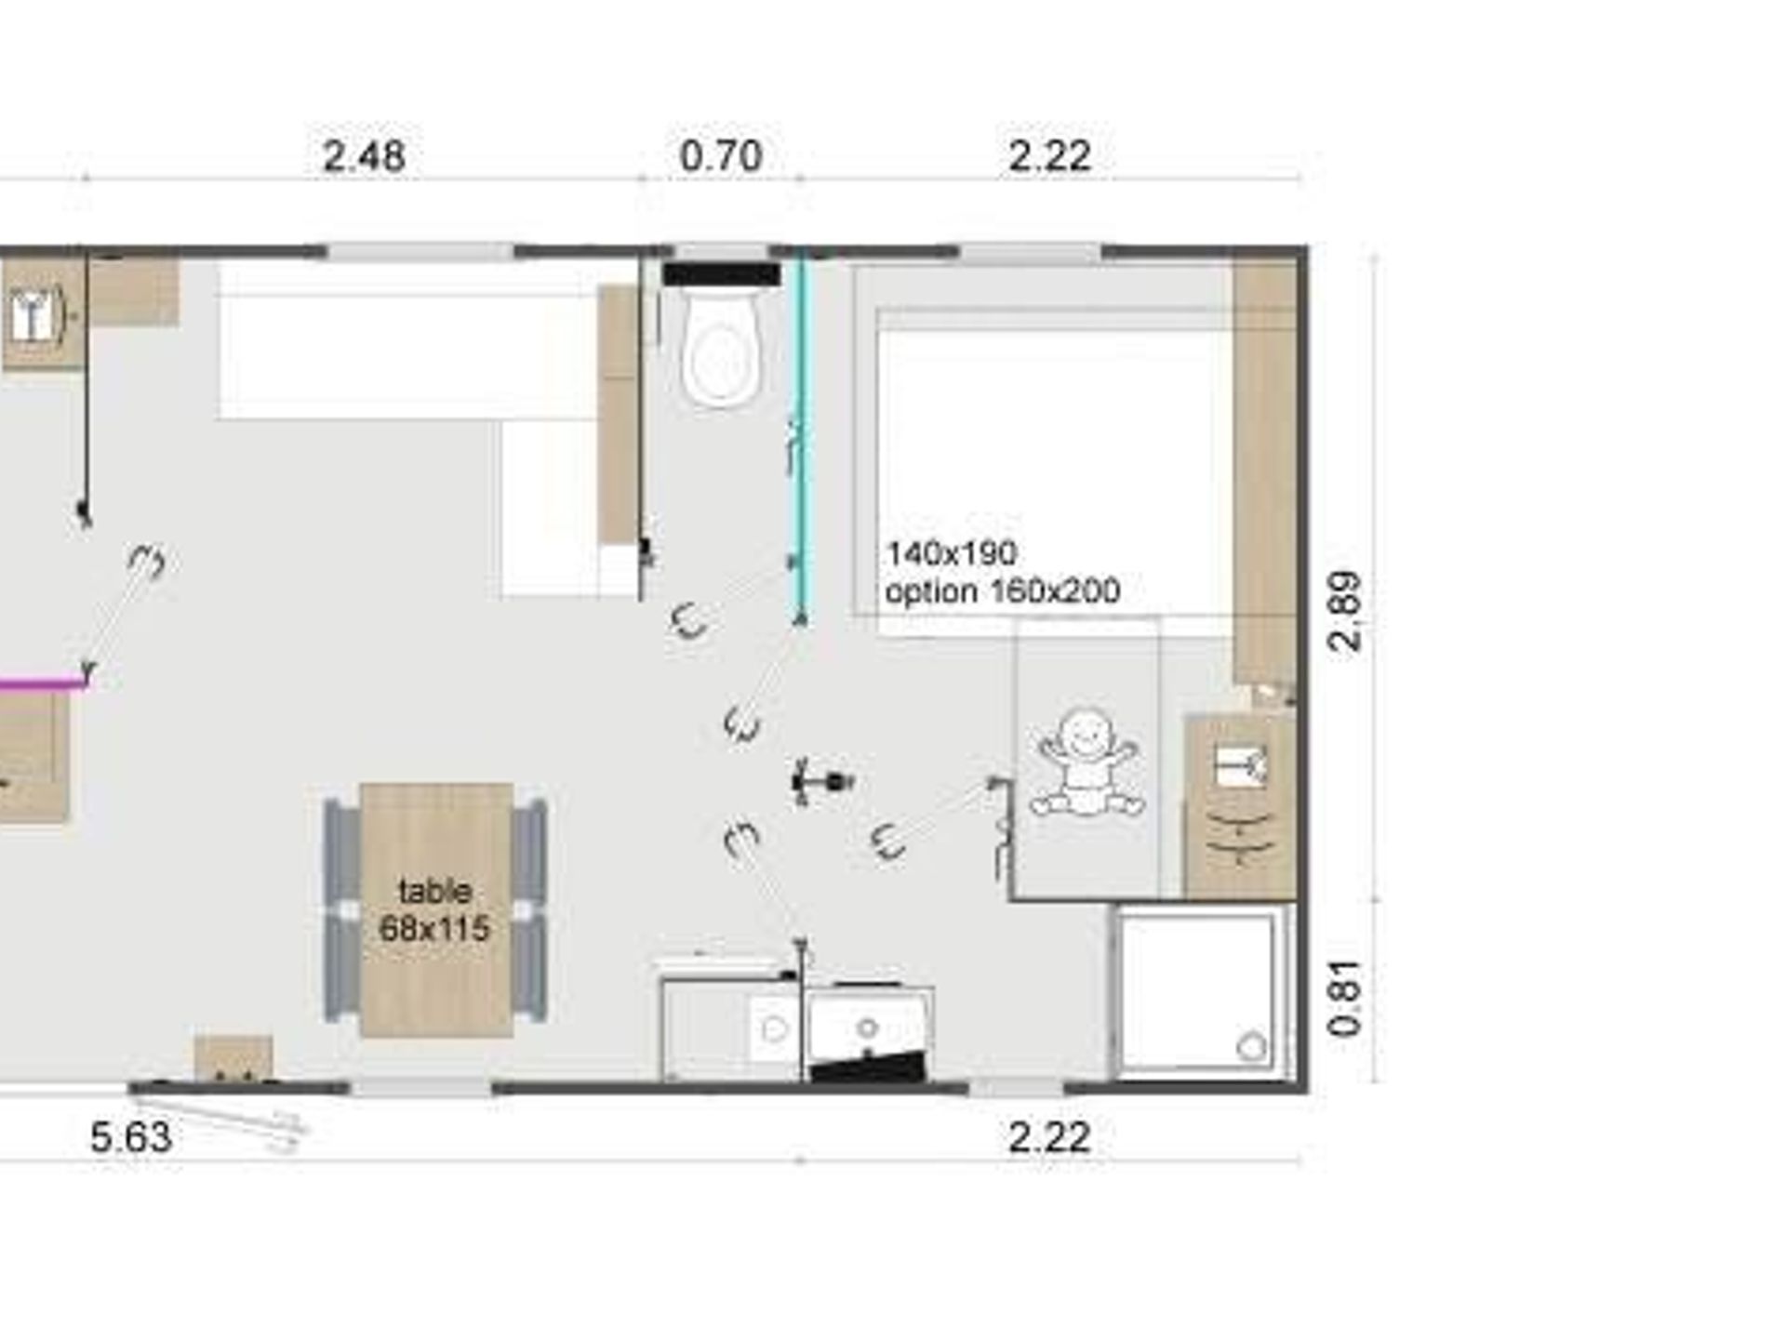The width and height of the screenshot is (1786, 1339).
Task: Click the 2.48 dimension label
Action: click(x=364, y=155)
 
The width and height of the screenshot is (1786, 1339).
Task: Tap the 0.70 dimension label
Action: click(x=721, y=155)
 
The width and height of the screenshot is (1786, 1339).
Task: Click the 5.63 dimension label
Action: click(x=131, y=1137)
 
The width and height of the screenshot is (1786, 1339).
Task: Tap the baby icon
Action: click(x=1087, y=763)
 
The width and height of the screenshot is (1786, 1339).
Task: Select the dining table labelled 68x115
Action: click(x=436, y=909)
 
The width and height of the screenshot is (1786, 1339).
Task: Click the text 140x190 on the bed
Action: click(x=951, y=553)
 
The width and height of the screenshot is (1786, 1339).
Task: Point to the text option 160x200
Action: click(x=1003, y=591)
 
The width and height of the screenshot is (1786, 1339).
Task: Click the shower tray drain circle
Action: click(x=1252, y=1047)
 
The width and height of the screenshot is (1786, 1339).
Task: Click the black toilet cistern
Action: click(x=722, y=273)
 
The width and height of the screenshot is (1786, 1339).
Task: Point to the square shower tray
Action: click(x=1198, y=992)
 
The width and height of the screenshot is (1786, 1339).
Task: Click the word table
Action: click(x=434, y=891)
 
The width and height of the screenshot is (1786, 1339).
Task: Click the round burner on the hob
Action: click(x=868, y=1028)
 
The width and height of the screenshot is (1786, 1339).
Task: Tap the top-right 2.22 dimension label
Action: click(x=1050, y=155)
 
